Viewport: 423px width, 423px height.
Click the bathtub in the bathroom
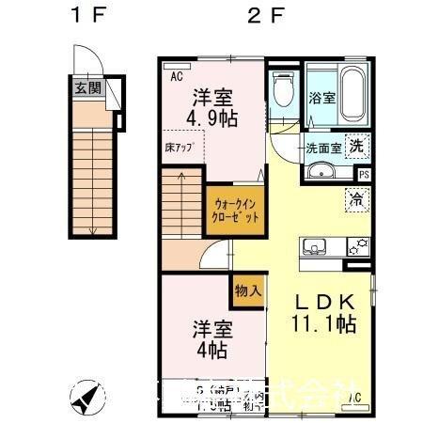[355, 94]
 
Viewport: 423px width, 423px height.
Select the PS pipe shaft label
[364, 174]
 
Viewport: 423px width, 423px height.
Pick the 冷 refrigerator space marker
[357, 197]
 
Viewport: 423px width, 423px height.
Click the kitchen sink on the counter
[314, 247]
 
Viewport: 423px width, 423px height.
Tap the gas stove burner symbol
[357, 247]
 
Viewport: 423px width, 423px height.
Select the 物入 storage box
[247, 291]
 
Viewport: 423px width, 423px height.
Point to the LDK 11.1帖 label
[324, 313]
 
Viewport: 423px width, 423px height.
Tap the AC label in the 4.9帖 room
[175, 78]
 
